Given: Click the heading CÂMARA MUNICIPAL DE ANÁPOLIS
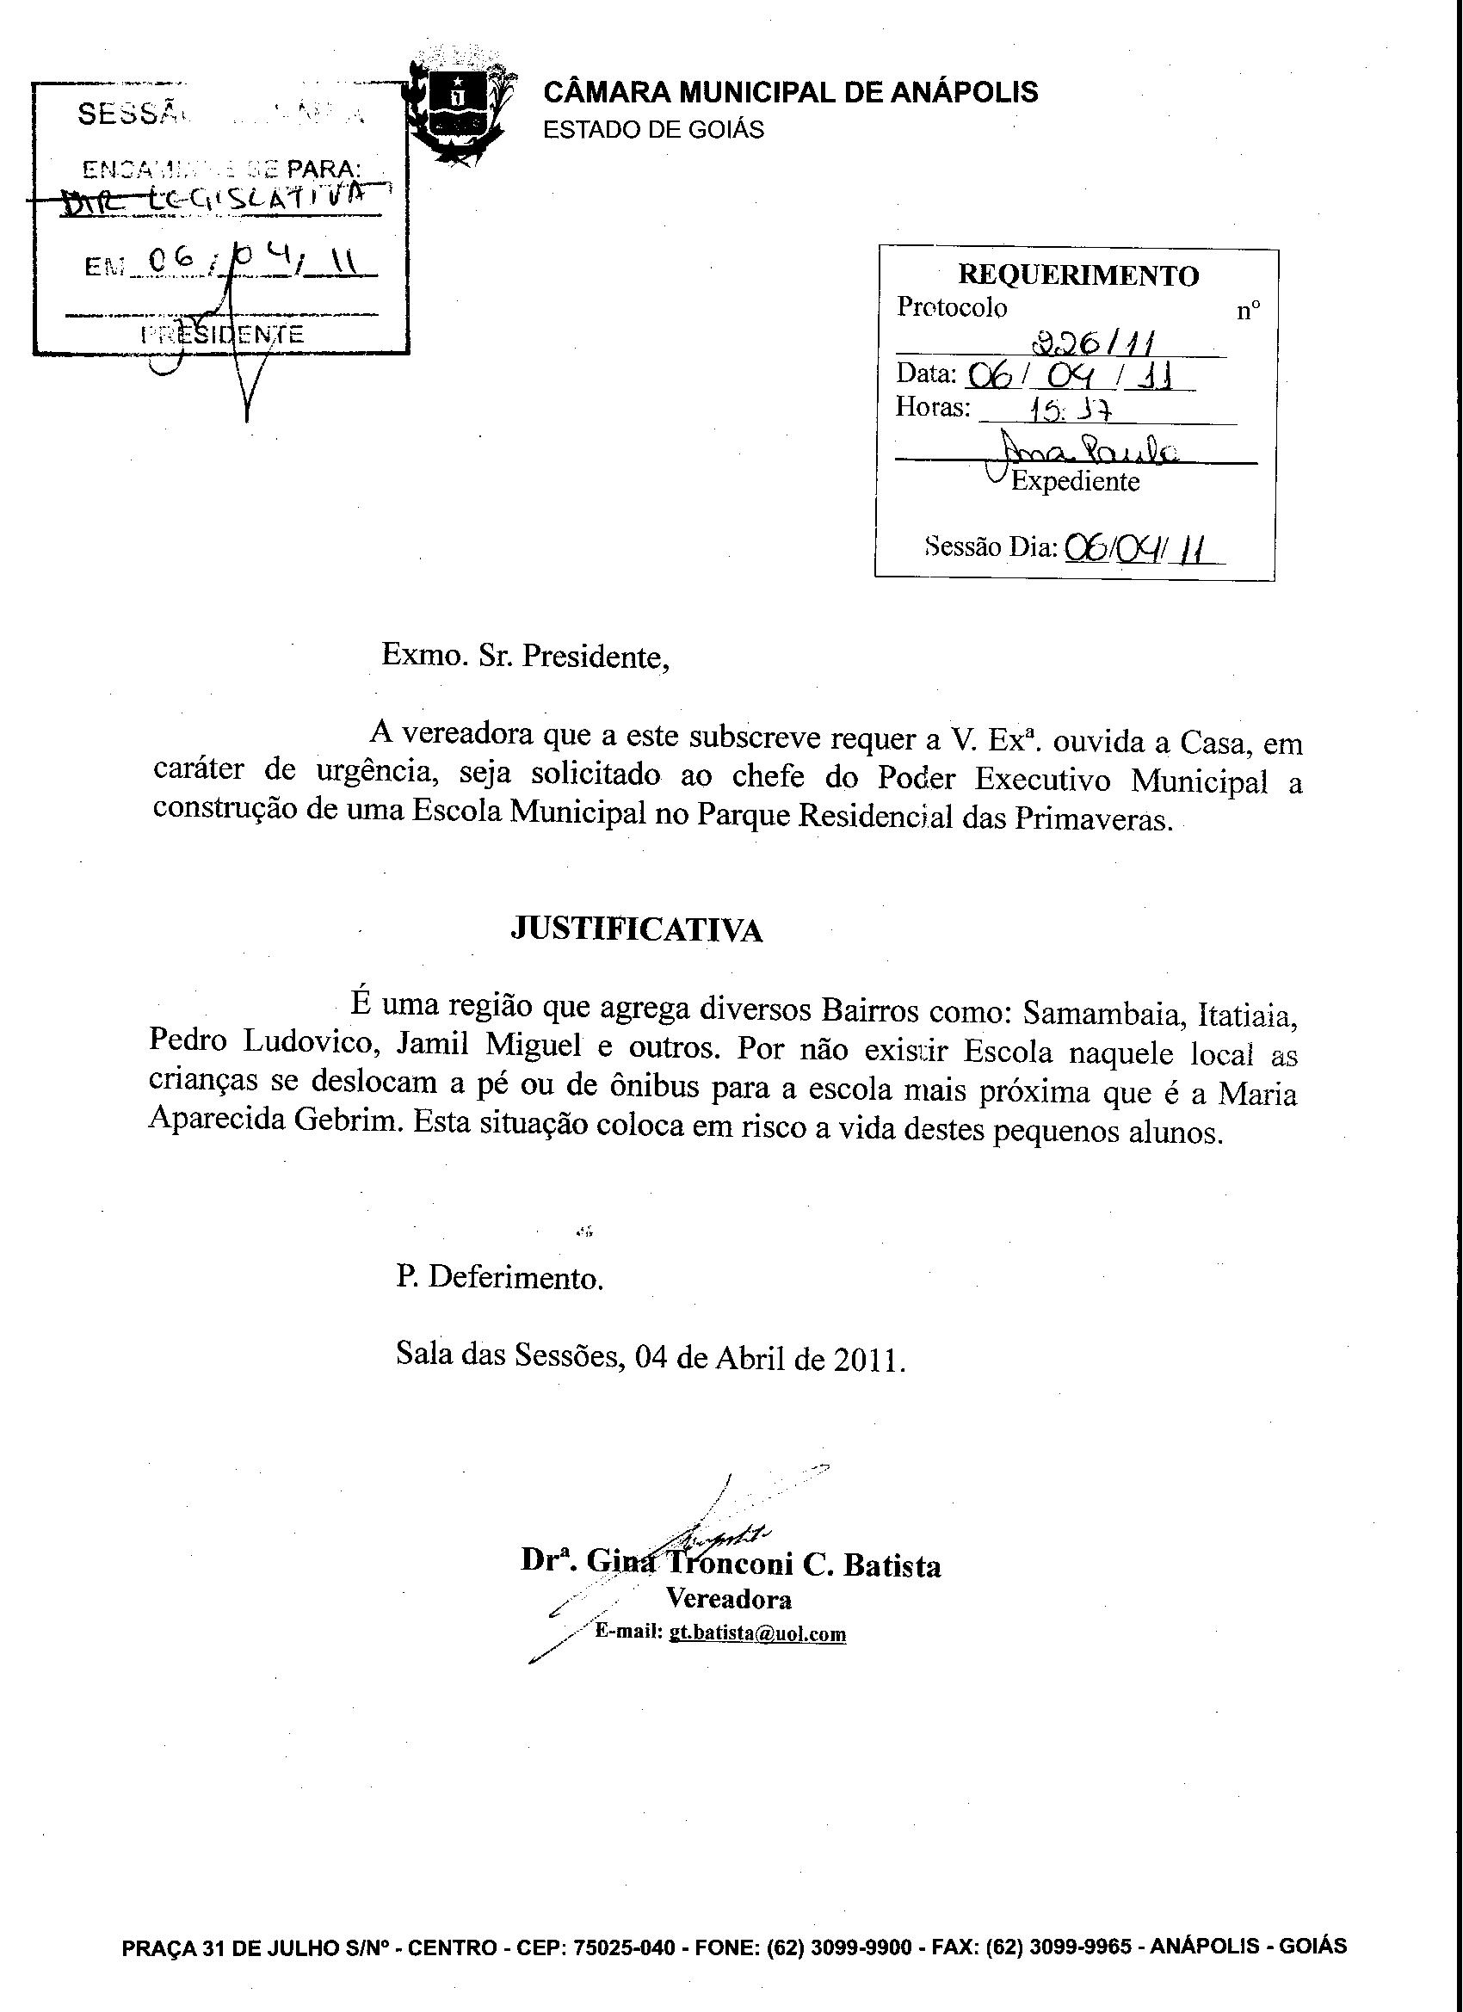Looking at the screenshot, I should (790, 92).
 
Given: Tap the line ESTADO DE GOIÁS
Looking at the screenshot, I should (653, 131).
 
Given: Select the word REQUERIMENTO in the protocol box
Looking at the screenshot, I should (1078, 276).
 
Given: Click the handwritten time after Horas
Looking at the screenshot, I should (1069, 410).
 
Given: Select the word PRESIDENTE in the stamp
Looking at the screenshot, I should (223, 335).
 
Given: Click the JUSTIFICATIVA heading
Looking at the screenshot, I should (637, 929).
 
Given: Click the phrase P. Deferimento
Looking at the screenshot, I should (499, 1277).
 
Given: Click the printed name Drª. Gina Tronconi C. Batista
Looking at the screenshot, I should (730, 1565).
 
